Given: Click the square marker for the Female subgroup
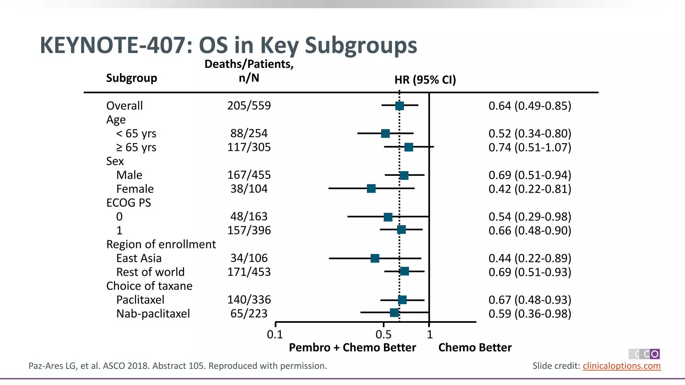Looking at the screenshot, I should coord(371,188).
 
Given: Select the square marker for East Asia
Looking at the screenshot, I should coord(375,258).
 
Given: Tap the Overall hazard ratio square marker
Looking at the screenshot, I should coord(399,106).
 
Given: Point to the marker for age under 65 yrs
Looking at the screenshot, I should coord(385,134).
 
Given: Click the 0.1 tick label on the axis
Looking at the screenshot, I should coord(275,334).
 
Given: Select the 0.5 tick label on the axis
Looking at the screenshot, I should coord(383,334).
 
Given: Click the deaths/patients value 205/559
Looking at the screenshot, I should coord(249,106).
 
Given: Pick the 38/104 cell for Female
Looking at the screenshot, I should coord(249,189).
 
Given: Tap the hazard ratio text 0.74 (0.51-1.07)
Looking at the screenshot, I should coord(530,147).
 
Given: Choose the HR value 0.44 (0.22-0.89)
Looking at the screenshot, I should coord(530,258).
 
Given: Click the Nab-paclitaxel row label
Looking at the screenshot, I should coord(153,314).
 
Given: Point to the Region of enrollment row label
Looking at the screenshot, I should coord(161,244).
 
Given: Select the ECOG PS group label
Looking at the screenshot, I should coord(128,203).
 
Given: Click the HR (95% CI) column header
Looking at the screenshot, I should coord(425,80).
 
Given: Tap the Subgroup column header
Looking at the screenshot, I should coord(131,78).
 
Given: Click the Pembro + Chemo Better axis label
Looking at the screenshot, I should coord(352,348).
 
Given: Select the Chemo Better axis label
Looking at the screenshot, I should coord(475,348).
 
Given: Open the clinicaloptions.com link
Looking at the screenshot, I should coord(621,366).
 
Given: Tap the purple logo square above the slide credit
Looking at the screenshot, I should coord(655,354).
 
